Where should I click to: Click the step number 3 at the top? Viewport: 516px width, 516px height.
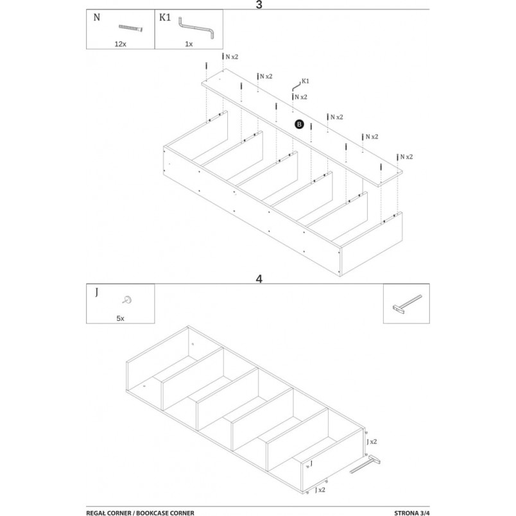(259, 5)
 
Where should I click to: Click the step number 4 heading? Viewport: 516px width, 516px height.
(259, 279)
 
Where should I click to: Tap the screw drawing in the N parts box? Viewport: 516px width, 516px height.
(131, 28)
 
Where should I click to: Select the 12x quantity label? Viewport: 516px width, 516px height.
(121, 44)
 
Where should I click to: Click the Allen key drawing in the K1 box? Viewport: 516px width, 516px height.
(196, 28)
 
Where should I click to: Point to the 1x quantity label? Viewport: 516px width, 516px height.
(189, 44)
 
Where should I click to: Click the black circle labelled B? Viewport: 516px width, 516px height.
(299, 124)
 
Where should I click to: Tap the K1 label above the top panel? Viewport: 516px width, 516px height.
(305, 81)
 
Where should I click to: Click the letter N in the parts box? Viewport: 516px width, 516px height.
(97, 17)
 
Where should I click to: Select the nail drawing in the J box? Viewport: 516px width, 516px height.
(126, 300)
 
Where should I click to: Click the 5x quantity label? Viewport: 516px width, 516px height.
(121, 318)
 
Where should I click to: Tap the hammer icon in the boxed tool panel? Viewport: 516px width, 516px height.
(407, 304)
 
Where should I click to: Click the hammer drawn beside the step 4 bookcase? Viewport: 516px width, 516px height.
(365, 464)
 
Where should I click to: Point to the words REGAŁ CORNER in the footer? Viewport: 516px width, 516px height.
(108, 513)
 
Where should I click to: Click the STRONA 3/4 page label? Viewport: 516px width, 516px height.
(411, 513)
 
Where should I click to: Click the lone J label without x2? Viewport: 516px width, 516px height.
(311, 463)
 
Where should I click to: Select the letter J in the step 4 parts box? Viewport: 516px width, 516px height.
(97, 292)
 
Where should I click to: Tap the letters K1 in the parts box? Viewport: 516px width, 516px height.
(165, 17)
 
